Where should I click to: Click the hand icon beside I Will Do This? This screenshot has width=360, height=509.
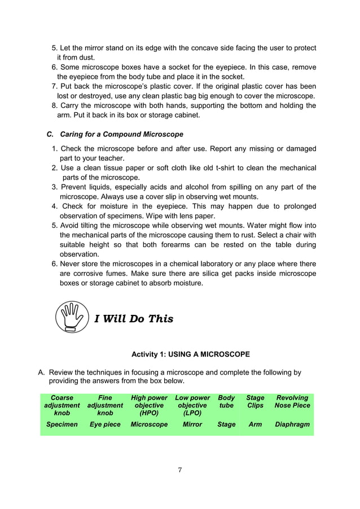click(73, 318)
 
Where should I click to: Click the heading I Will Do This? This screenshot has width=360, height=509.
click(134, 319)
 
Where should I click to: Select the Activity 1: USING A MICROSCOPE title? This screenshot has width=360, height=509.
click(190, 354)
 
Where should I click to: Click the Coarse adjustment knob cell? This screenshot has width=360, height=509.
click(62, 405)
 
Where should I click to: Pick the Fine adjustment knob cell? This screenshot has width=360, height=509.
click(105, 405)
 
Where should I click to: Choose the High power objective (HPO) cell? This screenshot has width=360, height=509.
click(149, 405)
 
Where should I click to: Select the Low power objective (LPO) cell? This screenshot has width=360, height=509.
click(192, 405)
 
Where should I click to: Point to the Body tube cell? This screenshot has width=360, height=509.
click(226, 401)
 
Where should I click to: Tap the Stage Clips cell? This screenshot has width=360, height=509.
click(255, 401)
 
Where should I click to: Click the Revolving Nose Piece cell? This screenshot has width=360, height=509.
click(292, 401)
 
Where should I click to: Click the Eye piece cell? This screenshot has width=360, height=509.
click(105, 424)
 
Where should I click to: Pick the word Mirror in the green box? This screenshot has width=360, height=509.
click(192, 424)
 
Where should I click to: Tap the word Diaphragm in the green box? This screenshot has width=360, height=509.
click(292, 424)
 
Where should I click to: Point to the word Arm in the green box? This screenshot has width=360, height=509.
click(255, 424)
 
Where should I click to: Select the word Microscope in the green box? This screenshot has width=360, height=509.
click(149, 424)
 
